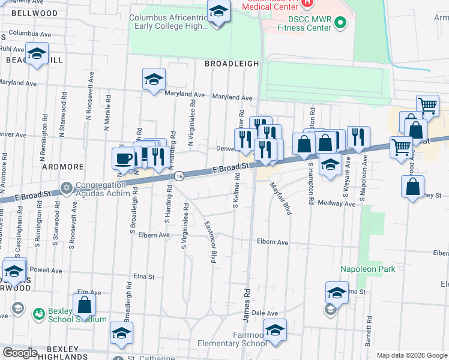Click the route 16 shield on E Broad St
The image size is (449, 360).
(179, 176)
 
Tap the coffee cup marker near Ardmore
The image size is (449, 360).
(124, 159)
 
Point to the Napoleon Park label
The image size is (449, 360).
(368, 269)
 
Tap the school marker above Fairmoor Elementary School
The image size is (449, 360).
(275, 331)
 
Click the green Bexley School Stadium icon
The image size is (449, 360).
(39, 313)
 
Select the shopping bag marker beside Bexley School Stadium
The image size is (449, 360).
(85, 305)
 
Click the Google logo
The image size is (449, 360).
(20, 353)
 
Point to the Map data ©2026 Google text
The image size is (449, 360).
(411, 355)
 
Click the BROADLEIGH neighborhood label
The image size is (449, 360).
(232, 63)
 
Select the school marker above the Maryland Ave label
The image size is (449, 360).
(154, 79)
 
